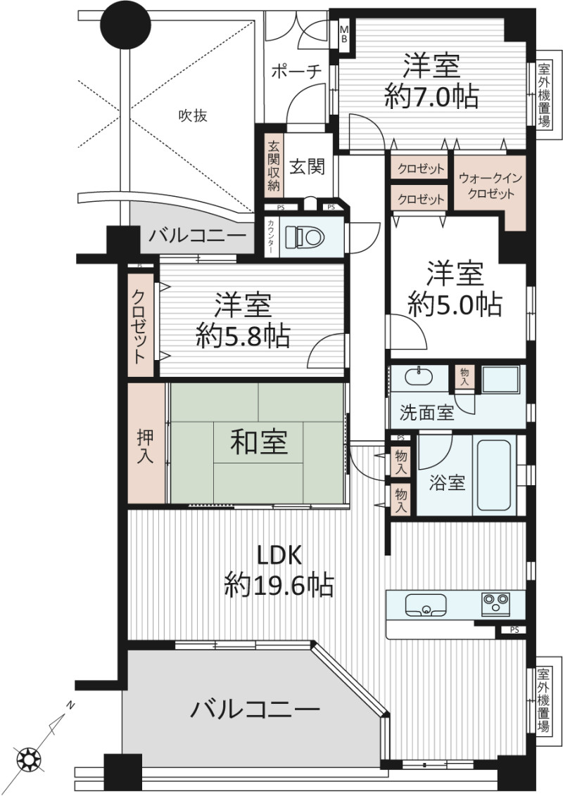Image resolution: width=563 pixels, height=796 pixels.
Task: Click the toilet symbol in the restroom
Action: coord(304,236)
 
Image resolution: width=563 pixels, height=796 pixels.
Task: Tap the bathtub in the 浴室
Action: coord(494,475)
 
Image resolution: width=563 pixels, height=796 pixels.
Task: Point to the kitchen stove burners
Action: coord(495,604)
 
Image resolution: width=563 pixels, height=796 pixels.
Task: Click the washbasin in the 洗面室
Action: coord(419,376)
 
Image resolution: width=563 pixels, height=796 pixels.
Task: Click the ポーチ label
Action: coord(297,72)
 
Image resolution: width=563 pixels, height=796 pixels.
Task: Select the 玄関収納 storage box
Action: coord(273,165)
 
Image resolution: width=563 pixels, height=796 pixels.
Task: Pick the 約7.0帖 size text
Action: coord(431,96)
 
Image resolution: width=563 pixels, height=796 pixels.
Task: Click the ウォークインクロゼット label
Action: coord(490,186)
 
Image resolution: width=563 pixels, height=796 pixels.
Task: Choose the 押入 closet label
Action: coord(145,447)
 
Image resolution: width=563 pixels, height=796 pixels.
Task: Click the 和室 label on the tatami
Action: coord(259,442)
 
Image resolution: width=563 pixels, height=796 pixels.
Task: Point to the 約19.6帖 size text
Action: coord(279,585)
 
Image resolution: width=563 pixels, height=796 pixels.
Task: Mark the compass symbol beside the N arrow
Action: coord(27,759)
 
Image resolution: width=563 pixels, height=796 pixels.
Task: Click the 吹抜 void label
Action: coord(193,116)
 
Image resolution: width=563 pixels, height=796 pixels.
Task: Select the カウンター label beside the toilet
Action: coord(272,237)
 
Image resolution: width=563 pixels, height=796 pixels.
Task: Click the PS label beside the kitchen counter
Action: coord(514,630)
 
